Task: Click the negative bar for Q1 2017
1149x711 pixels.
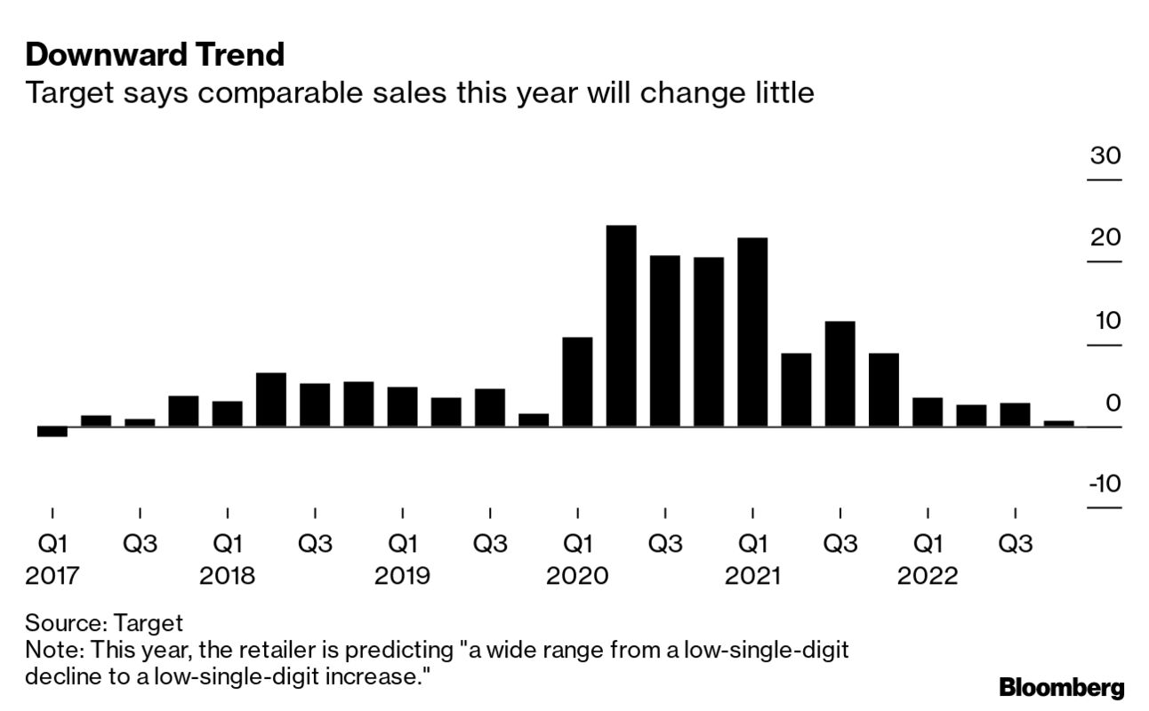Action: [52, 432]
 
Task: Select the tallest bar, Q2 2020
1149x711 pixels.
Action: [621, 326]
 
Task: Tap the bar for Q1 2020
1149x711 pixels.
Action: [577, 382]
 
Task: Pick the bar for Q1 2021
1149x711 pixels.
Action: [752, 332]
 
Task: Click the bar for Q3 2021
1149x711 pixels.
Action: [840, 374]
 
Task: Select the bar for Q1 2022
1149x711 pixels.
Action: [928, 412]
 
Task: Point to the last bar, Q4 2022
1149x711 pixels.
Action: [1058, 424]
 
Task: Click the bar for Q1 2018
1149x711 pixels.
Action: [228, 414]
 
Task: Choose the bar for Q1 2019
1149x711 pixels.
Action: [402, 407]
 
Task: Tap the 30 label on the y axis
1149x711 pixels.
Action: [1106, 156]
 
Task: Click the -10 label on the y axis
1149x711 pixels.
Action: [1105, 484]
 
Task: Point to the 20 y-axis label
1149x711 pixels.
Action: [1106, 237]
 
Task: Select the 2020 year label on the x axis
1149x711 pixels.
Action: [577, 576]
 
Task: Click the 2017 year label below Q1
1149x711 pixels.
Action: [52, 576]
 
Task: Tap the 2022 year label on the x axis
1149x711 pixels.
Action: [928, 576]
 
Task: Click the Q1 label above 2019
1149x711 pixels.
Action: [402, 543]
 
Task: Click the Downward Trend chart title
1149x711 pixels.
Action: [155, 55]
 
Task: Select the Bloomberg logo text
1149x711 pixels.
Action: [1062, 687]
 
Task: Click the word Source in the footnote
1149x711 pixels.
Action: [57, 622]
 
